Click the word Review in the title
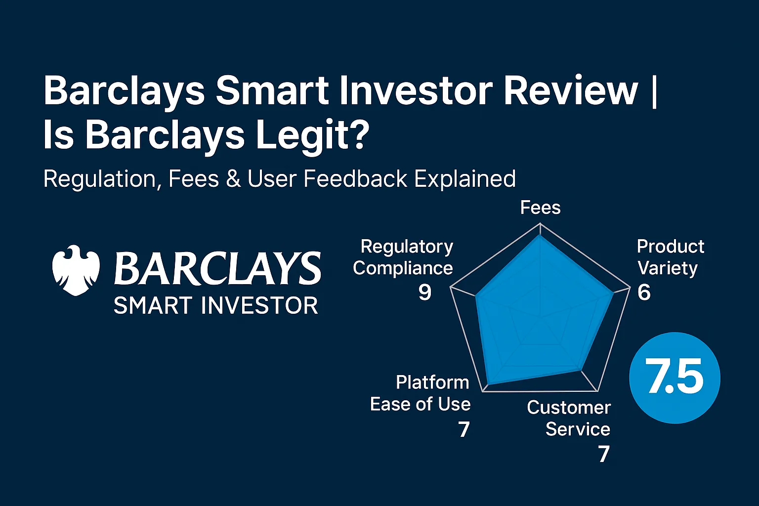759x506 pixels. click(x=571, y=90)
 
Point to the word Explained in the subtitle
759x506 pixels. click(x=465, y=179)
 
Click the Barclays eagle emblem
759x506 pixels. click(x=76, y=270)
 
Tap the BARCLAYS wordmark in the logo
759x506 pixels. click(x=217, y=269)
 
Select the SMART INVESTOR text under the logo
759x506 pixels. click(x=216, y=306)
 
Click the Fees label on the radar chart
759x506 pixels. click(x=540, y=208)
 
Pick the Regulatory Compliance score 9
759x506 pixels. click(x=424, y=293)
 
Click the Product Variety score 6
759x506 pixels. click(x=644, y=293)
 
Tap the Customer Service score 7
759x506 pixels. click(x=604, y=454)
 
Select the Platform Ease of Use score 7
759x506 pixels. click(x=464, y=429)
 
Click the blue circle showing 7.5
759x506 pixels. click(x=675, y=378)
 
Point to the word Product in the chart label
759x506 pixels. click(x=671, y=246)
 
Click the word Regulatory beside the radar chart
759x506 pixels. click(x=407, y=246)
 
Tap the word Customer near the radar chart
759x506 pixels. click(x=569, y=408)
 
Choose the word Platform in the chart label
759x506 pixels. click(x=432, y=382)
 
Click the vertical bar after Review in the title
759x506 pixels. click(x=655, y=90)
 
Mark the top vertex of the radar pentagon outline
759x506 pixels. click(x=540, y=223)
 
